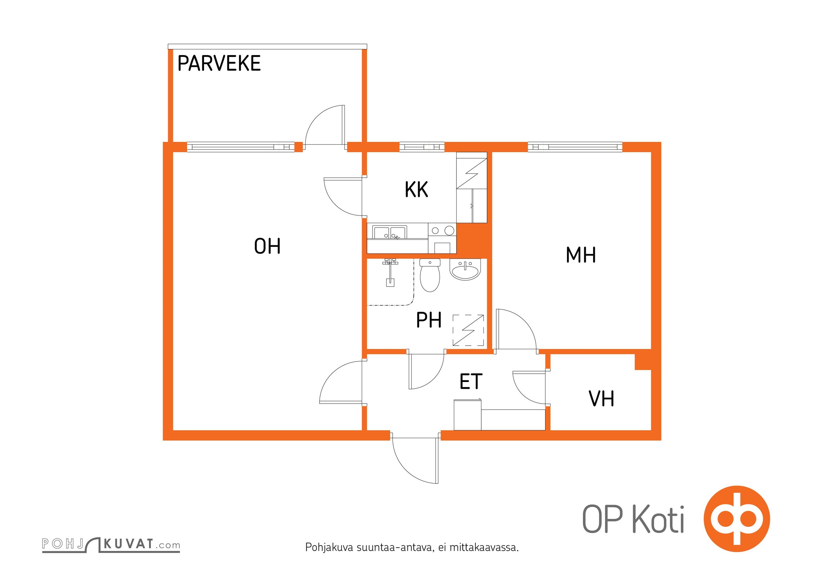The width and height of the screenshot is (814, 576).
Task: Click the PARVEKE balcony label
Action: point(219,63)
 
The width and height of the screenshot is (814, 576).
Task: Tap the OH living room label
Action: point(267,246)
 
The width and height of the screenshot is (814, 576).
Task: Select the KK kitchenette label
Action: point(416,190)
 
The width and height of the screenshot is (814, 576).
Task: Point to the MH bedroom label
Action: point(581,255)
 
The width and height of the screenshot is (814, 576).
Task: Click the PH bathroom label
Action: point(429,320)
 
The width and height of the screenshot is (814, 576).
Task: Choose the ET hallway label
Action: point(471,382)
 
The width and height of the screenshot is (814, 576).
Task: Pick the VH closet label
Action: point(601,399)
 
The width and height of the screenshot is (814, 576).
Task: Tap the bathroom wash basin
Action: point(465,269)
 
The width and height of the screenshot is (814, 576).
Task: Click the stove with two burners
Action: point(442,231)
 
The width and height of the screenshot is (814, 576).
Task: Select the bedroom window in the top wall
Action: point(575,147)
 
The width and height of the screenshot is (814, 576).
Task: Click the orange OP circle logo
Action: point(737,519)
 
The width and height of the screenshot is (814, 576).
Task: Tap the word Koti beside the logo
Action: point(658,519)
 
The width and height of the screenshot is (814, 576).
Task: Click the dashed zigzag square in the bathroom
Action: point(468,330)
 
